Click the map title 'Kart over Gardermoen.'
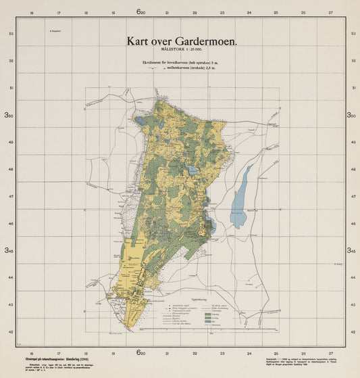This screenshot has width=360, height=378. click(x=182, y=41)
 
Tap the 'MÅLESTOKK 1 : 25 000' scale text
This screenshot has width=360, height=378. click(x=181, y=50)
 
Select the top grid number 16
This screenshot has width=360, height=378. click(x=31, y=12)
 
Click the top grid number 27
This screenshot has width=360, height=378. click(x=330, y=12)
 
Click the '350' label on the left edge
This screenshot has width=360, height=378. click(x=10, y=116)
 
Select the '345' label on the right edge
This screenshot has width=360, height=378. click(x=351, y=250)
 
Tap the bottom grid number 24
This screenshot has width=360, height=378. click(x=249, y=352)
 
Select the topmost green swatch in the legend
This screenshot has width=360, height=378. click(x=217, y=307)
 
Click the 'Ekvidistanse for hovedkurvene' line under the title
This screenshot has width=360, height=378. click(x=180, y=63)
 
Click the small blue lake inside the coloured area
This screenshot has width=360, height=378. click(x=192, y=171)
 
